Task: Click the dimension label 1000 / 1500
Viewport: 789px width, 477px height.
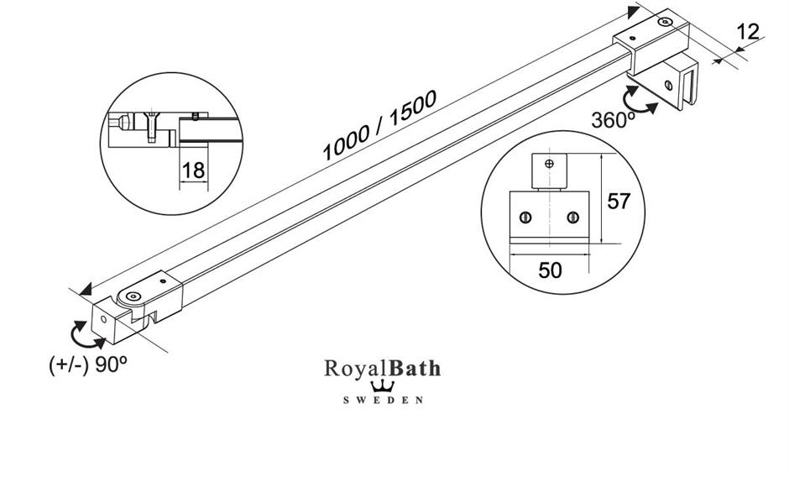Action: point(379,125)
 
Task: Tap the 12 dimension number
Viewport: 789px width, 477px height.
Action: point(747,32)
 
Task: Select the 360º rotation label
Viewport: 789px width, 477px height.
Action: point(613,119)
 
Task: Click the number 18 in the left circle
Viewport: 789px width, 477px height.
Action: point(193,170)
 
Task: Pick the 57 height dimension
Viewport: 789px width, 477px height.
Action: point(619,202)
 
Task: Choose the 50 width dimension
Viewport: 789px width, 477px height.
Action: point(551,270)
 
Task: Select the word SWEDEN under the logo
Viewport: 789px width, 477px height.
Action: point(383,401)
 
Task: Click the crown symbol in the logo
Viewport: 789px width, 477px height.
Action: point(383,386)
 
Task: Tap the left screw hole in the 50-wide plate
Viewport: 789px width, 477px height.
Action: point(525,218)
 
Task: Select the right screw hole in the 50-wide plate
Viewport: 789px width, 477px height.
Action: point(572,218)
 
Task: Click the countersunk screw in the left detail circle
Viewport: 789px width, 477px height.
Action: point(150,126)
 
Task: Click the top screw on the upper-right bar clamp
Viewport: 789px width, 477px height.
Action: point(665,23)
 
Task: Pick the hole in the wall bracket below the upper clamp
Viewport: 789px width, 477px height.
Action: point(668,85)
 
